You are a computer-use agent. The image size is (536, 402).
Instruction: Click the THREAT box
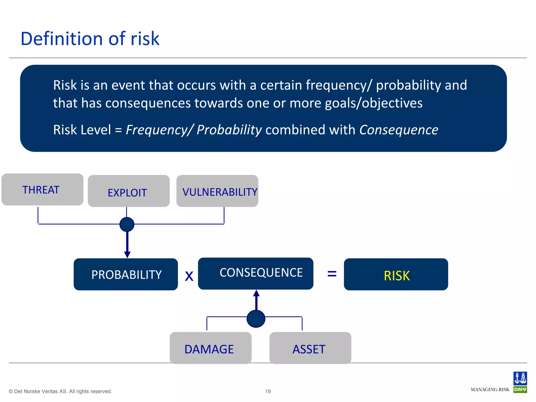[42, 189]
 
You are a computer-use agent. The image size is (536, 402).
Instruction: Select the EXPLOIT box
[129, 191]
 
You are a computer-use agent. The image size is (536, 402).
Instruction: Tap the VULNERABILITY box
[217, 191]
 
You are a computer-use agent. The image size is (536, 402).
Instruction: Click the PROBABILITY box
[126, 274]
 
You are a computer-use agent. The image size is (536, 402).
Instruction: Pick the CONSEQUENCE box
[255, 273]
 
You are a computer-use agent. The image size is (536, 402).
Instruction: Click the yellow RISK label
[397, 276]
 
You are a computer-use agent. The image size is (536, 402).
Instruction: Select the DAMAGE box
[210, 348]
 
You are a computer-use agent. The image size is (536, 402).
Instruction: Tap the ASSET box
[310, 348]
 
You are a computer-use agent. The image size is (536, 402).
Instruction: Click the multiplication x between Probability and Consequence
[189, 276]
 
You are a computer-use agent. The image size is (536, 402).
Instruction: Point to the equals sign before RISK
[332, 274]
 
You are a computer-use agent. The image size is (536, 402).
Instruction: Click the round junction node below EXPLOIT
[127, 224]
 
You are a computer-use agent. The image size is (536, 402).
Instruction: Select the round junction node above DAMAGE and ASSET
[256, 319]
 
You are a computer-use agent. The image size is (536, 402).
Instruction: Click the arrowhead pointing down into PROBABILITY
[127, 254]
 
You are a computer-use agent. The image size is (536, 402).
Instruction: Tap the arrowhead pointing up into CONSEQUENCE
[256, 293]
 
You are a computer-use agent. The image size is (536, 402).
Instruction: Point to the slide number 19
[268, 391]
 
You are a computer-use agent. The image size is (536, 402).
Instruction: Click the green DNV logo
[520, 389]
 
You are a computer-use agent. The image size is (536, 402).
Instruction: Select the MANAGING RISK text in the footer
[490, 389]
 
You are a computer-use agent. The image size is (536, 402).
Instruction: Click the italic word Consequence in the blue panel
[399, 130]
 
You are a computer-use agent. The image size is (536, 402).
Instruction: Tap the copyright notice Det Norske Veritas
[60, 391]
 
